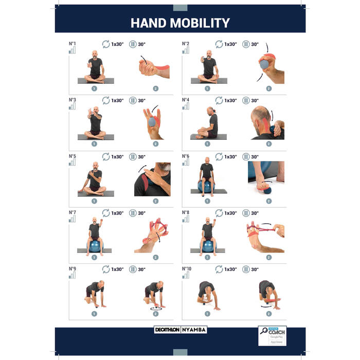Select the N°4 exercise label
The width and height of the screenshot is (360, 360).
[x=186, y=100]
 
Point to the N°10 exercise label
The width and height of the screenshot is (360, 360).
[x=187, y=268]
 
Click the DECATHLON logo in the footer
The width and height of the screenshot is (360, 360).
[x=167, y=330]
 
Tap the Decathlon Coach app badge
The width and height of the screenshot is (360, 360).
[x=272, y=338]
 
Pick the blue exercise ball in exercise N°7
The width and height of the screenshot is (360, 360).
[x=95, y=245]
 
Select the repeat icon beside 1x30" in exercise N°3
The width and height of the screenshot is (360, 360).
[x=105, y=100]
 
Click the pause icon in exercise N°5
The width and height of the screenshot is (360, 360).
[x=133, y=157]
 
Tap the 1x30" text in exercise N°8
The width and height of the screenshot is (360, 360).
[x=230, y=213]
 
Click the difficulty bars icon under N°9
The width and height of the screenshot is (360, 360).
[x=73, y=275]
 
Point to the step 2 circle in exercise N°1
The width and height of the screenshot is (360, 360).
[x=155, y=88]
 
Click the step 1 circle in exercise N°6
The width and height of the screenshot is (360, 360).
[x=207, y=201]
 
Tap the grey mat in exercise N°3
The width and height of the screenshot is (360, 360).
[x=96, y=137]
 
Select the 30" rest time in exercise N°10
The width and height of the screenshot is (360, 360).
[x=255, y=269]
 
